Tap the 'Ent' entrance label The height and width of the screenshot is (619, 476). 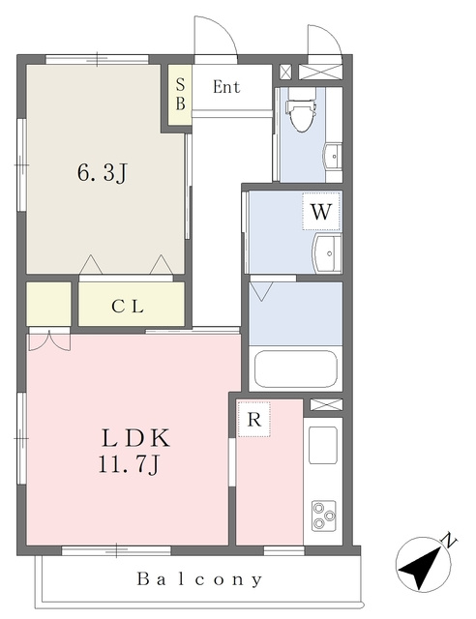[226, 87]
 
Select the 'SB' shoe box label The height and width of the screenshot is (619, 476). [180, 94]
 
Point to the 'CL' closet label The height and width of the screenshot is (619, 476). [128, 307]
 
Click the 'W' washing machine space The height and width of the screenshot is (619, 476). [321, 211]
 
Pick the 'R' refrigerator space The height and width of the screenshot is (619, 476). [254, 419]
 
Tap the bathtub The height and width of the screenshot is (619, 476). [296, 369]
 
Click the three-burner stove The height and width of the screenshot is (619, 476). [324, 516]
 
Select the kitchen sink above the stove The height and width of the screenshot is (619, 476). [323, 445]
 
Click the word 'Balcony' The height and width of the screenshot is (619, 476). [199, 579]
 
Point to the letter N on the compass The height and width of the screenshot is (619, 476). [449, 540]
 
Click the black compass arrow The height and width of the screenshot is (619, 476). [420, 568]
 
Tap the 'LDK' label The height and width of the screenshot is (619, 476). [135, 438]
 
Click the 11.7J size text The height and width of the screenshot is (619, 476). [129, 464]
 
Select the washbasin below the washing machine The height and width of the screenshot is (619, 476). [327, 252]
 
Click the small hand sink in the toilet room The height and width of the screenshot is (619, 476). [333, 157]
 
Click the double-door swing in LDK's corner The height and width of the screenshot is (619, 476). [49, 341]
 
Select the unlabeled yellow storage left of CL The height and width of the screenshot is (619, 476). [48, 304]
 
